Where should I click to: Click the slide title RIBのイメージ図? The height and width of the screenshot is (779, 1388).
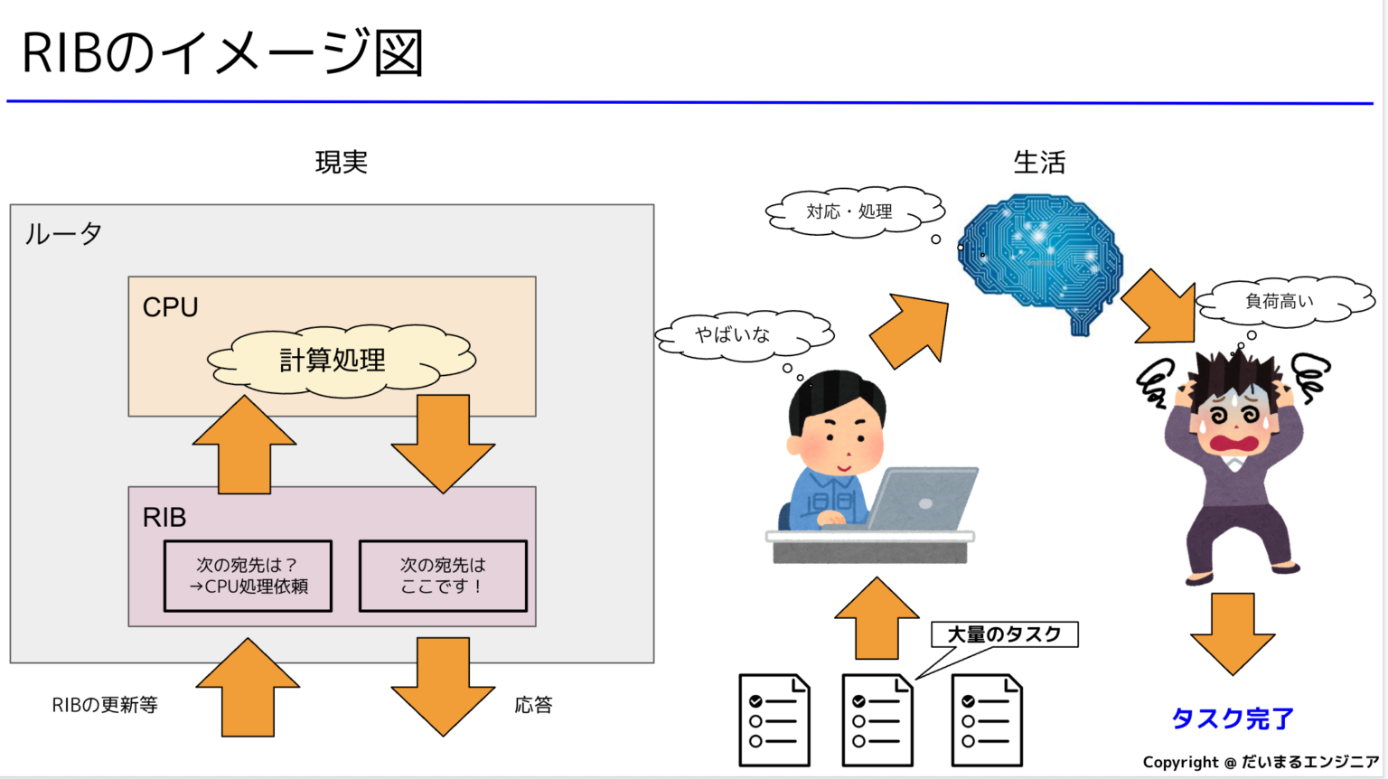click(x=222, y=52)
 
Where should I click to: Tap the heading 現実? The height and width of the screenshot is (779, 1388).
click(x=341, y=163)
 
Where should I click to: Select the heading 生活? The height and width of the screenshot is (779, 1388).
click(x=1039, y=163)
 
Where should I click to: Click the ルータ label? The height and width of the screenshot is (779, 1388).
click(x=63, y=234)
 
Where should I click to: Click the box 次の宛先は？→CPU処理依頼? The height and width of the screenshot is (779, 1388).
click(x=248, y=576)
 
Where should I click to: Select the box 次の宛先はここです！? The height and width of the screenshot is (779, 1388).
click(x=443, y=576)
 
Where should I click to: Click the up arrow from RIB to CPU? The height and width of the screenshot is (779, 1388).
click(x=244, y=447)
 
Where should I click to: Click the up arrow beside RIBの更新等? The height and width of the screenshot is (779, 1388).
click(x=248, y=689)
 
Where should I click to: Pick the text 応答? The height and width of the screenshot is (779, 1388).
click(x=533, y=705)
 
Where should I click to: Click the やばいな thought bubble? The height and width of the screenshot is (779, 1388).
click(x=734, y=335)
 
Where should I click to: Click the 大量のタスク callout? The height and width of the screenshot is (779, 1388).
click(x=1004, y=634)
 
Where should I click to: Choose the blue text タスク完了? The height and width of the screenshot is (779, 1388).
click(x=1233, y=719)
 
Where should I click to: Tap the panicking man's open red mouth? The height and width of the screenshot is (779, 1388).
click(x=1234, y=444)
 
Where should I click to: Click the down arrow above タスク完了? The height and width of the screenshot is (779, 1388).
click(x=1233, y=633)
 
